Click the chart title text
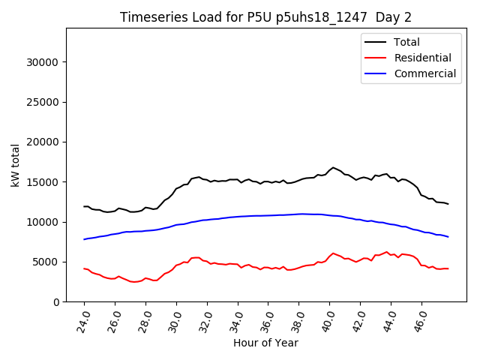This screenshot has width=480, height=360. coord(265,17)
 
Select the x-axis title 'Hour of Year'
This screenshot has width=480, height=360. coord(265,343)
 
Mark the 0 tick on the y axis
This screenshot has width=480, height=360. coord(57,302)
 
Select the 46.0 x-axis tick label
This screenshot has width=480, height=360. coord(419,320)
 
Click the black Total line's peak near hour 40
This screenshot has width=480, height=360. coord(333,168)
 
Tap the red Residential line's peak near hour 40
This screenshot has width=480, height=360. coord(333,253)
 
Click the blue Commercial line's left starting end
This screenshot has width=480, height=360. coord(84,239)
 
